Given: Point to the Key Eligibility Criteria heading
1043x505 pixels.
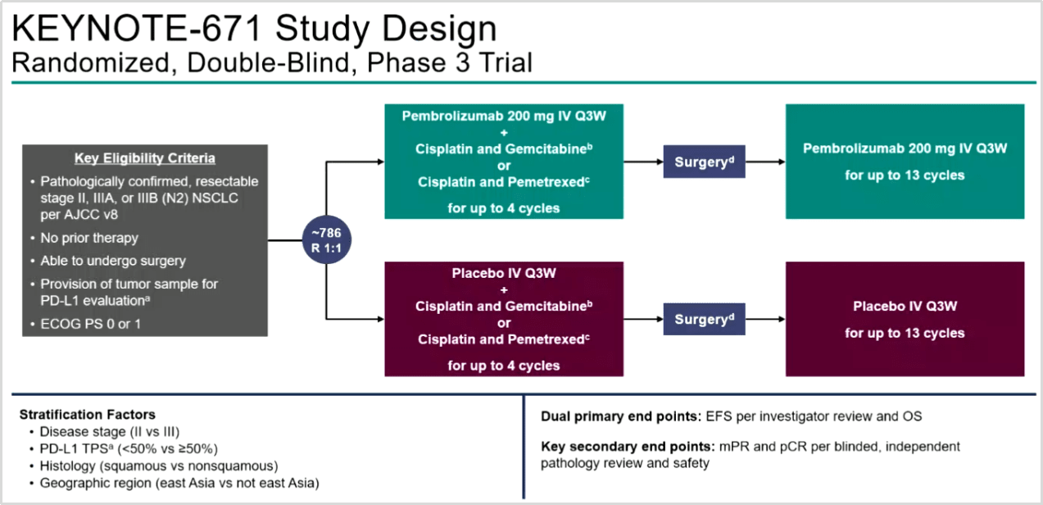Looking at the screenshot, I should pos(145,158).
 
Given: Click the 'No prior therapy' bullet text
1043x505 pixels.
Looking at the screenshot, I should pos(89,238).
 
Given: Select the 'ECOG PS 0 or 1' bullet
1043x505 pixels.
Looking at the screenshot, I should pos(89,323).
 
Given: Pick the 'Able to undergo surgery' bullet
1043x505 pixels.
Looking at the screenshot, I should pos(113,261).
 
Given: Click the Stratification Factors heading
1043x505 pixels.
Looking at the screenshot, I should pos(87,414).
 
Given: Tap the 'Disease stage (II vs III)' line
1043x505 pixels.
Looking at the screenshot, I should pos(109,431).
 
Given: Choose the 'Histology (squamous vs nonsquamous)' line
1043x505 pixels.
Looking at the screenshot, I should pos(159,465).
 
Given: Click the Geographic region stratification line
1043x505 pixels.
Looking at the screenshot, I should pos(179,483).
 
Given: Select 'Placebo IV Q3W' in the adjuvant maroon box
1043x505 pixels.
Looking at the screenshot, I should pos(905,307).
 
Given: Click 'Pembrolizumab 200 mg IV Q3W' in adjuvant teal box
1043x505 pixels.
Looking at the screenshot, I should pos(905,148).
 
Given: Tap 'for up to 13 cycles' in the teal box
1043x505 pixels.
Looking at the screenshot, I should pos(905,175).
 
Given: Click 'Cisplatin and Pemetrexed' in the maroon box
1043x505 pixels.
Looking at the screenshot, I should pos(501,339).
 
